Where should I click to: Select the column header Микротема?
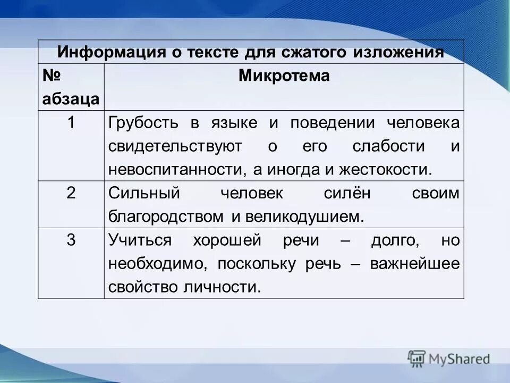pyautogui.click(x=284, y=76)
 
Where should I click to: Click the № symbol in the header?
pyautogui.click(x=53, y=76)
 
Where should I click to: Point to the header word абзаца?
pyautogui.click(x=71, y=99)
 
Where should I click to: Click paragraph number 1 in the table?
pyautogui.click(x=71, y=123)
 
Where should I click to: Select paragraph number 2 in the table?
pyautogui.click(x=71, y=193)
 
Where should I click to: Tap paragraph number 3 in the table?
pyautogui.click(x=71, y=240)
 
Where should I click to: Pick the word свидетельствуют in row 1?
pyautogui.click(x=175, y=146)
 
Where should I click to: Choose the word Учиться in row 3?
pyautogui.click(x=140, y=240)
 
